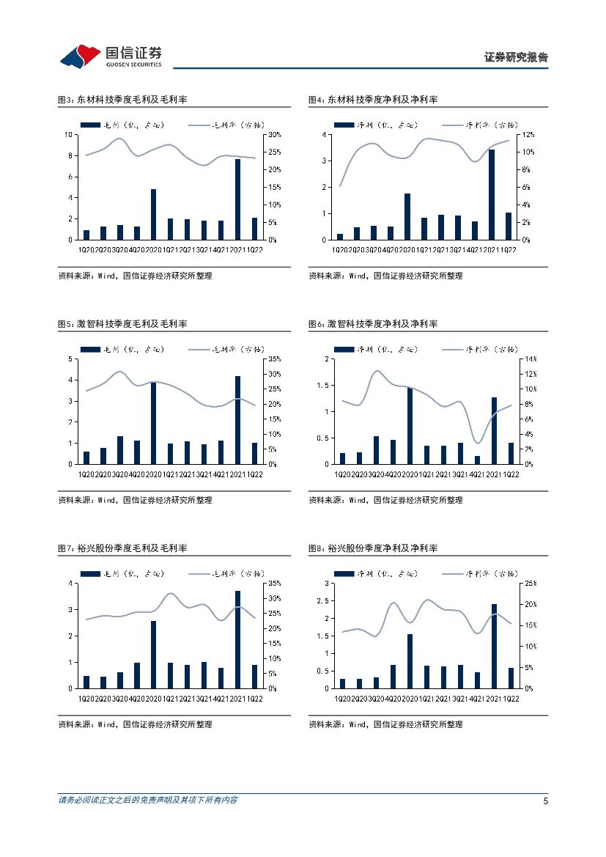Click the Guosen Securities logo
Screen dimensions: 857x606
pos(111,54)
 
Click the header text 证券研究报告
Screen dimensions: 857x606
pos(516,57)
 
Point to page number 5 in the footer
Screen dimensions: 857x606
pos(545,801)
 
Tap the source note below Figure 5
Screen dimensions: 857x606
pos(135,500)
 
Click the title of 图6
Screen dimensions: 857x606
pos(373,324)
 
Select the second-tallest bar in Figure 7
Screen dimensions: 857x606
pos(154,655)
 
